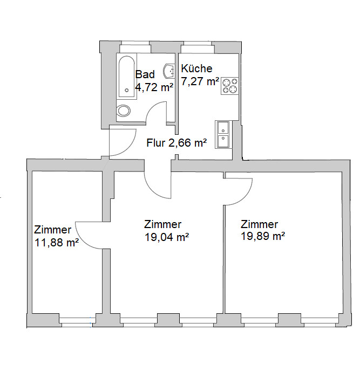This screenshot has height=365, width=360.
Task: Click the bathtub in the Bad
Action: tap(126, 77)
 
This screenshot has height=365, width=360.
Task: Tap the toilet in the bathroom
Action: tap(124, 111)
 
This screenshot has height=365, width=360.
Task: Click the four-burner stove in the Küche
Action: tap(230, 86)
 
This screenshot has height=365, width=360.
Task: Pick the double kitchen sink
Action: tap(223, 134)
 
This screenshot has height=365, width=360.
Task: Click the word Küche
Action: tap(196, 68)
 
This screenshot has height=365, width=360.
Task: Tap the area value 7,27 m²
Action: tap(200, 81)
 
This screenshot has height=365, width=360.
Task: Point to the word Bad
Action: tap(145, 74)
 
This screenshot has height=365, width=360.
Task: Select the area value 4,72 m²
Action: tap(154, 87)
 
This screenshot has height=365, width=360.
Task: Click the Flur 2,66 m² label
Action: tap(176, 143)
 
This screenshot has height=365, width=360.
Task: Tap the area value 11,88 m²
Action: tap(57, 243)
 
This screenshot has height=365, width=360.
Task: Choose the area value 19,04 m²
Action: tap(167, 237)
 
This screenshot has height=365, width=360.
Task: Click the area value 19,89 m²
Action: tap(263, 236)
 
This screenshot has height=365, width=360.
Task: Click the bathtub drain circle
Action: tap(127, 91)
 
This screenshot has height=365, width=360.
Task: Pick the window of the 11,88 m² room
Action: tap(77, 320)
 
